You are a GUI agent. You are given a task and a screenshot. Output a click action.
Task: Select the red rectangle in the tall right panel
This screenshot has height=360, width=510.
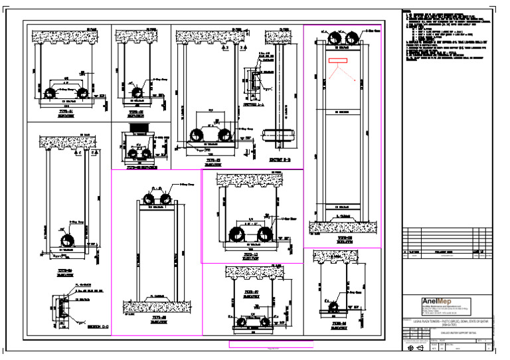pos(337,61)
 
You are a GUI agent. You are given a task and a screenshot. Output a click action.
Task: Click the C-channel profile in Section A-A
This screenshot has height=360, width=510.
pos(254,82)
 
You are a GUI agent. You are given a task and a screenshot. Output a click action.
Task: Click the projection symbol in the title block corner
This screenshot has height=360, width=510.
pos(416,348)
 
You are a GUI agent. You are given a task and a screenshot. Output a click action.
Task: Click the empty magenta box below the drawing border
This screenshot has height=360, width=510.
pos(270,344)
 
